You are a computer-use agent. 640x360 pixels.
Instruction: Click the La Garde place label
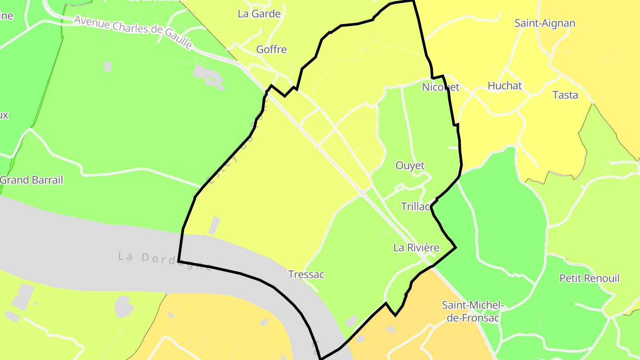coord(259,14)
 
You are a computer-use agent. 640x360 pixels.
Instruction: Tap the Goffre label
coord(271,49)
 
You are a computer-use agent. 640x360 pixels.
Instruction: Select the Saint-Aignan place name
coord(545,23)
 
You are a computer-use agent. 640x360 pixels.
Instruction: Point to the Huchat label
coord(504,86)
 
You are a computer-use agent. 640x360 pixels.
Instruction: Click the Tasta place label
coord(565,95)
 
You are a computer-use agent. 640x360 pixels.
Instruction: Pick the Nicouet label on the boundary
coord(440,87)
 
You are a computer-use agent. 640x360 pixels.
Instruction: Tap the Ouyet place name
coord(410,166)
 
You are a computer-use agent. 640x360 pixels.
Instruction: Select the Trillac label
coord(416,207)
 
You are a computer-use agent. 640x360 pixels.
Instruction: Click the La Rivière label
coord(416,248)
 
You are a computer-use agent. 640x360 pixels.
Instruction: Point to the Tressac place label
coord(306,275)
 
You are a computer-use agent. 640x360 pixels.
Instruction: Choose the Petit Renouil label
coord(589,278)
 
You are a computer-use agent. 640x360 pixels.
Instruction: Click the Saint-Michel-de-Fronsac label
coord(472,311)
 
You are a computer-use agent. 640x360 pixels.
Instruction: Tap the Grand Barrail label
coord(32,180)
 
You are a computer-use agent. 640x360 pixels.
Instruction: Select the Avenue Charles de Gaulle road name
coord(133,32)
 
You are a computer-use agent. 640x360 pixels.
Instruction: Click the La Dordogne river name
coord(164,261)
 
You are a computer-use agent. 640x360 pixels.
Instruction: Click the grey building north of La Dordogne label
coord(214,225)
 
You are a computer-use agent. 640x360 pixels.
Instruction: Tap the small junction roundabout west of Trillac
coord(362,193)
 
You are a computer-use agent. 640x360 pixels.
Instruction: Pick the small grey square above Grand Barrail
coord(107,66)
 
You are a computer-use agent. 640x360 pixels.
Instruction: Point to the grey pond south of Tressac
coord(351,320)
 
